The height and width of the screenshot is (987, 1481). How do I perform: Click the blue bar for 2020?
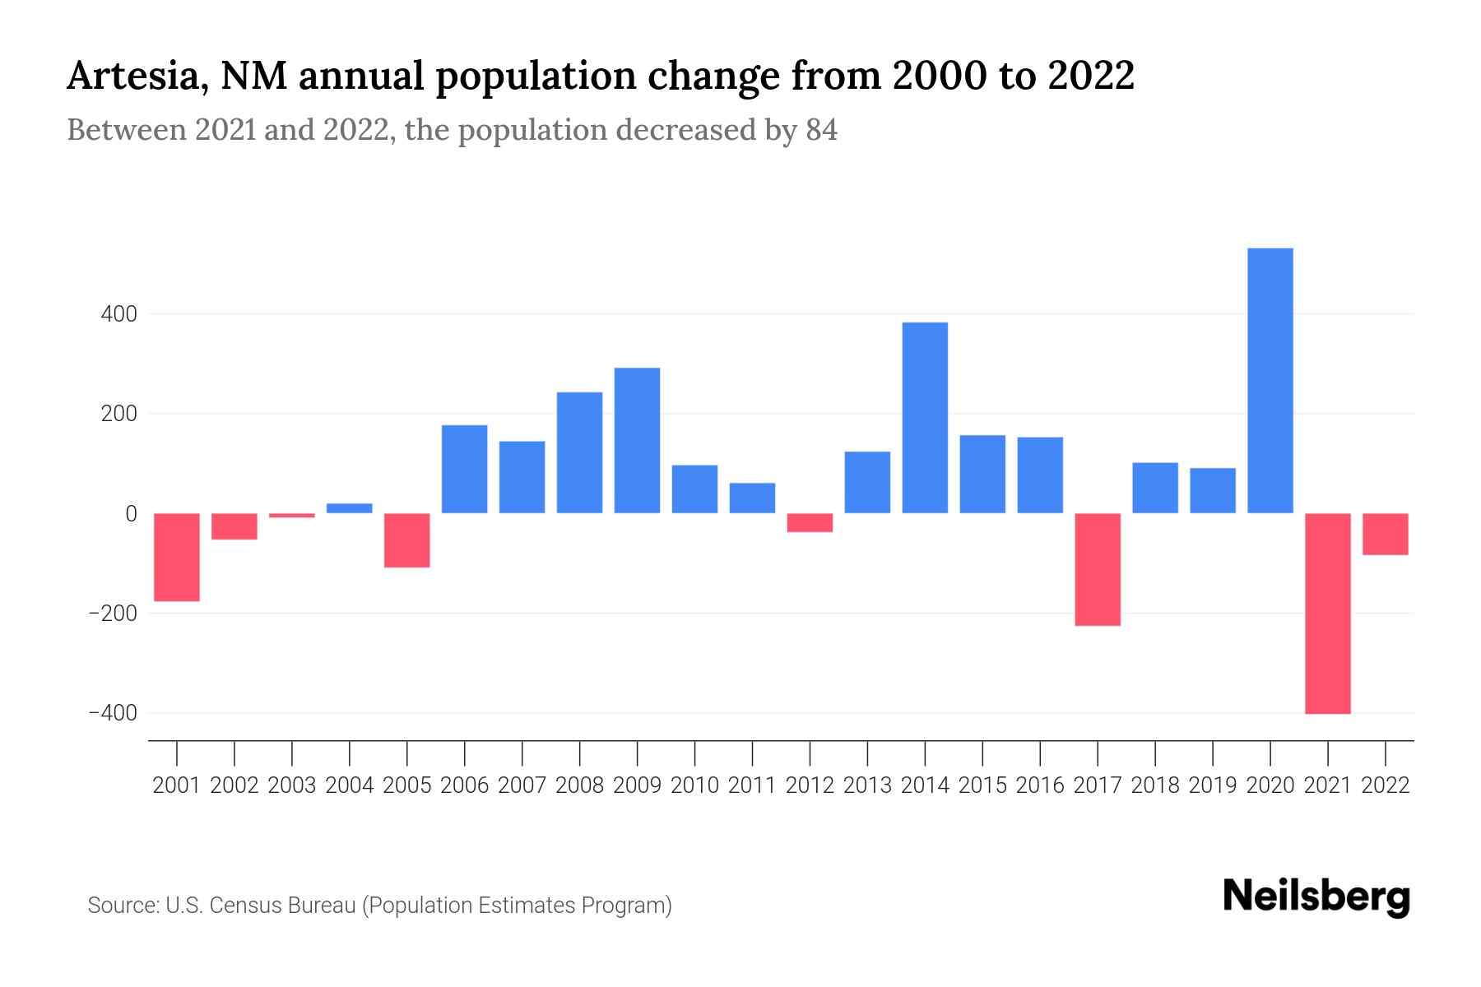click(x=1270, y=380)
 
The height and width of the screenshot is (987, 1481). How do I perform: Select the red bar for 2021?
click(x=1328, y=613)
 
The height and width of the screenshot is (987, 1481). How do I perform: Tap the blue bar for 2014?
click(x=925, y=418)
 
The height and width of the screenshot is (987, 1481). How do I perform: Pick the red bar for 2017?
click(x=1098, y=569)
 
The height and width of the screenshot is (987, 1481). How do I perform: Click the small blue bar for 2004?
click(x=350, y=508)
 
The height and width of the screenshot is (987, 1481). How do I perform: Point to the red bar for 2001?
click(x=177, y=557)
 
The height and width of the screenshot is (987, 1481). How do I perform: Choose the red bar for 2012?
click(x=810, y=522)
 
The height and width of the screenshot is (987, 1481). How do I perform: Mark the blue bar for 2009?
click(x=637, y=440)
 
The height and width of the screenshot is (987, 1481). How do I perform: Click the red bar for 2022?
click(x=1386, y=534)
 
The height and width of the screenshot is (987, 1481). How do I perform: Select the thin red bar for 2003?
click(x=292, y=516)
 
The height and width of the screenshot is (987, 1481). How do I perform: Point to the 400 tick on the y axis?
click(x=119, y=314)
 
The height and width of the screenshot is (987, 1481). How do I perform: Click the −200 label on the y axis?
click(x=113, y=614)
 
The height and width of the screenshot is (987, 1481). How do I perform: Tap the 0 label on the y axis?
click(x=131, y=514)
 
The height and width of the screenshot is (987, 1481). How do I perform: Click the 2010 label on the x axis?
click(x=694, y=785)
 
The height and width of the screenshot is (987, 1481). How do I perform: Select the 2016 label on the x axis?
click(x=1040, y=785)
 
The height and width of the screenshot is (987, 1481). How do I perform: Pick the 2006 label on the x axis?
click(x=465, y=785)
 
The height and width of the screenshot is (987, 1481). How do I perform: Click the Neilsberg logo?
click(x=1316, y=897)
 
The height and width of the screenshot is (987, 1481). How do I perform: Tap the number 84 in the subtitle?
click(x=821, y=131)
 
